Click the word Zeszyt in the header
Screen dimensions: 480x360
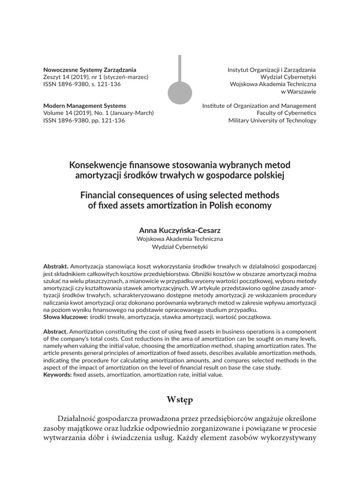coord(52,77)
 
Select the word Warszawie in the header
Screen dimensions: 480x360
coord(302,91)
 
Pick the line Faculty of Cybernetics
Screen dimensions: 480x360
coord(286,113)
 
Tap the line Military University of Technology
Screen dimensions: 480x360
coord(272,120)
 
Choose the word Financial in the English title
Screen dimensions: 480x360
coord(100,195)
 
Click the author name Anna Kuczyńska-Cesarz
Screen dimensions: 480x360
coord(180,230)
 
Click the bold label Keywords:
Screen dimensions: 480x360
coord(57,375)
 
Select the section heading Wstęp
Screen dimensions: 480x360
coord(180,399)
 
